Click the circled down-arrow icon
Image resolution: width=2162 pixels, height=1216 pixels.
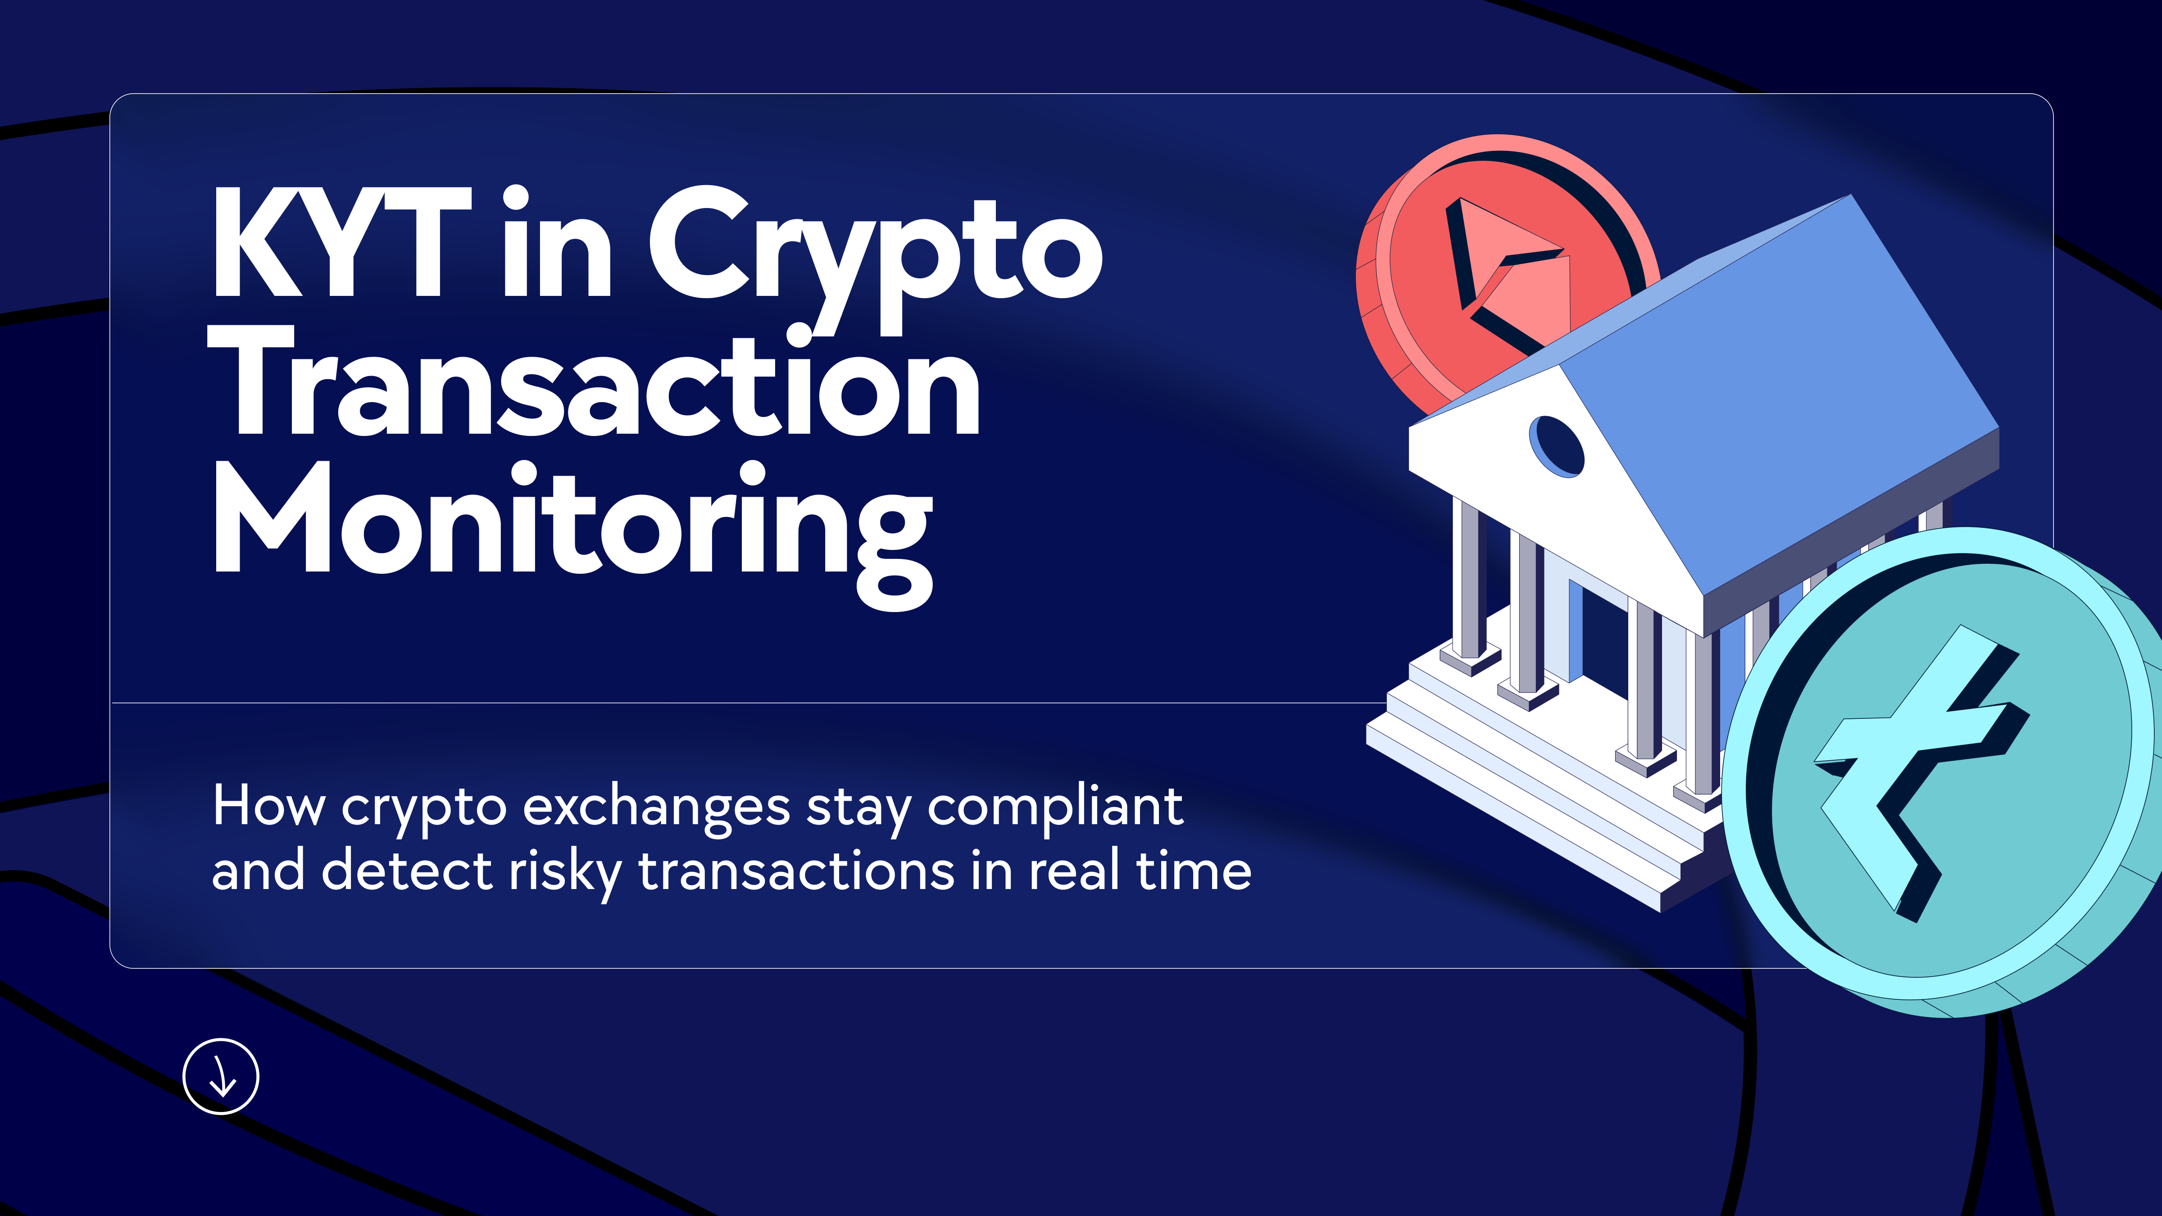pyautogui.click(x=221, y=1077)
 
